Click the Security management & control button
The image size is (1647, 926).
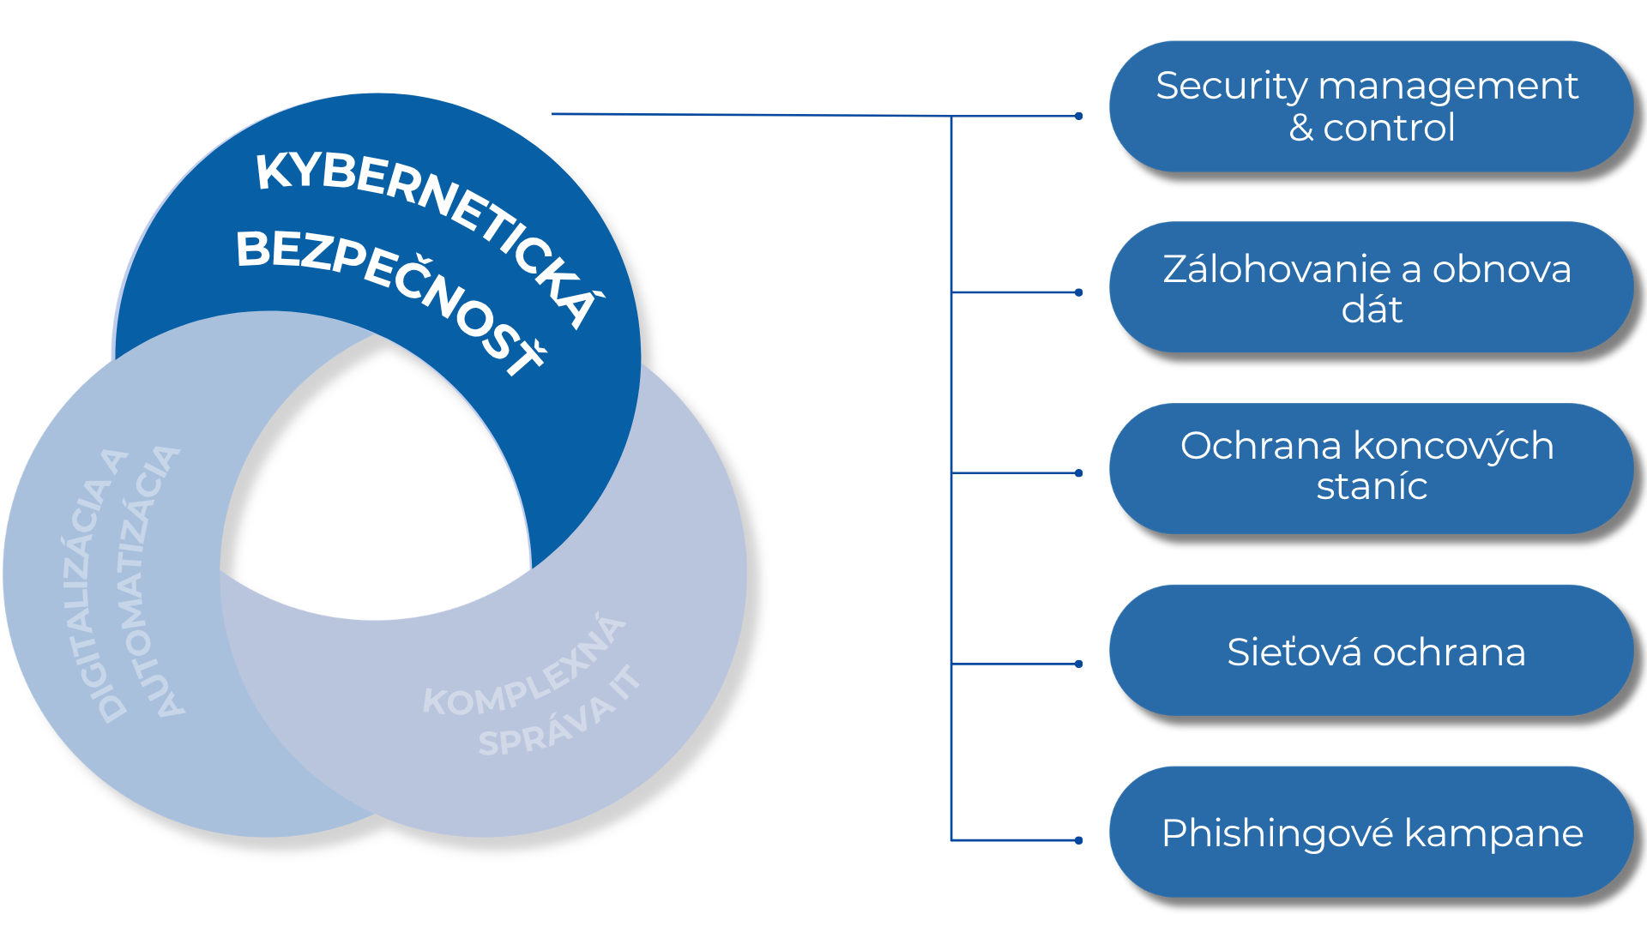coord(1370,107)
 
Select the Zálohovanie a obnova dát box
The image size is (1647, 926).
coord(1370,288)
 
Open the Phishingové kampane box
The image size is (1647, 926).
coord(1370,833)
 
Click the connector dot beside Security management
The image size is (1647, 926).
coord(1078,116)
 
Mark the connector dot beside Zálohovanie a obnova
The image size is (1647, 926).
coord(1078,292)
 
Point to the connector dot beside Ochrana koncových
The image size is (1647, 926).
coord(1078,472)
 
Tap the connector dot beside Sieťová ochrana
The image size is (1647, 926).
coord(1078,664)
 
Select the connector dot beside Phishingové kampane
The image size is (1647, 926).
coord(1078,840)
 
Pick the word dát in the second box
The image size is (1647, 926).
coord(1372,310)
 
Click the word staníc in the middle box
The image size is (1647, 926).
coord(1372,487)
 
